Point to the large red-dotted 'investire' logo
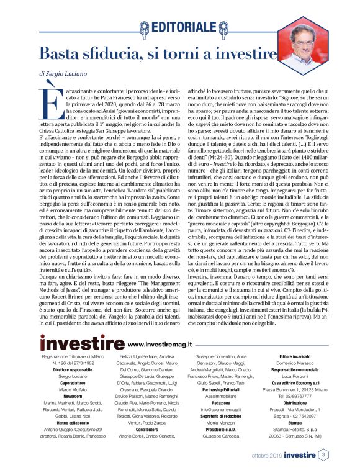pos(81,342)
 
